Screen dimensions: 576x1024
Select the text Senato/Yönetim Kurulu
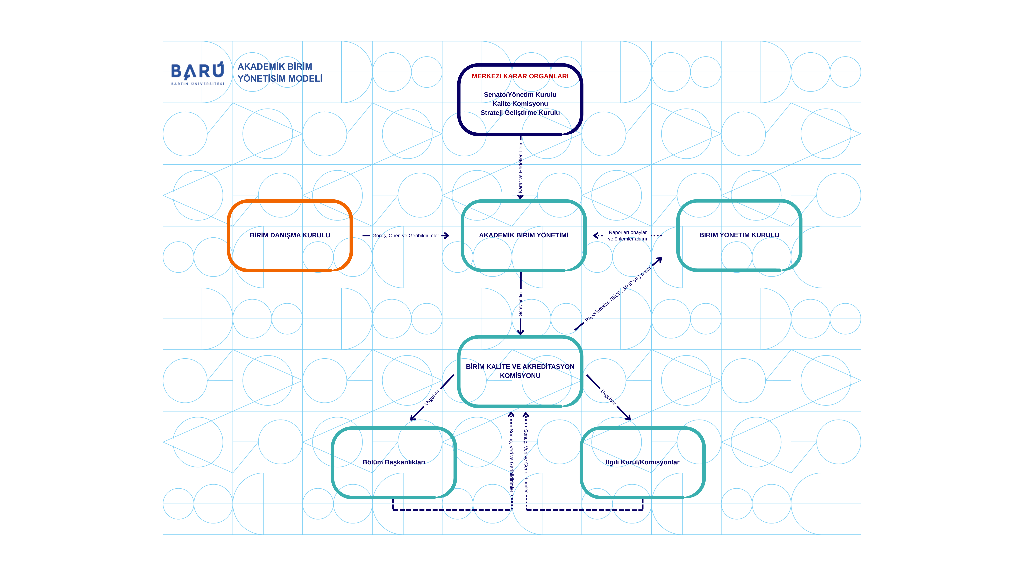[x=520, y=95]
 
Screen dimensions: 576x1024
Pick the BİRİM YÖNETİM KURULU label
[x=739, y=235]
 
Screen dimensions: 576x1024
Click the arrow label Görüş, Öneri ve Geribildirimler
[x=406, y=236]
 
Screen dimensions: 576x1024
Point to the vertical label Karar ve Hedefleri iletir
[x=520, y=168]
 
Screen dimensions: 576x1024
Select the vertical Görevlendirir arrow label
[x=520, y=304]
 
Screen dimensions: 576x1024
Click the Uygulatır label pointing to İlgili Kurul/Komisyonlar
[x=608, y=397]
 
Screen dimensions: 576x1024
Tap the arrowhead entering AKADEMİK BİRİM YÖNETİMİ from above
[x=520, y=197]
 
